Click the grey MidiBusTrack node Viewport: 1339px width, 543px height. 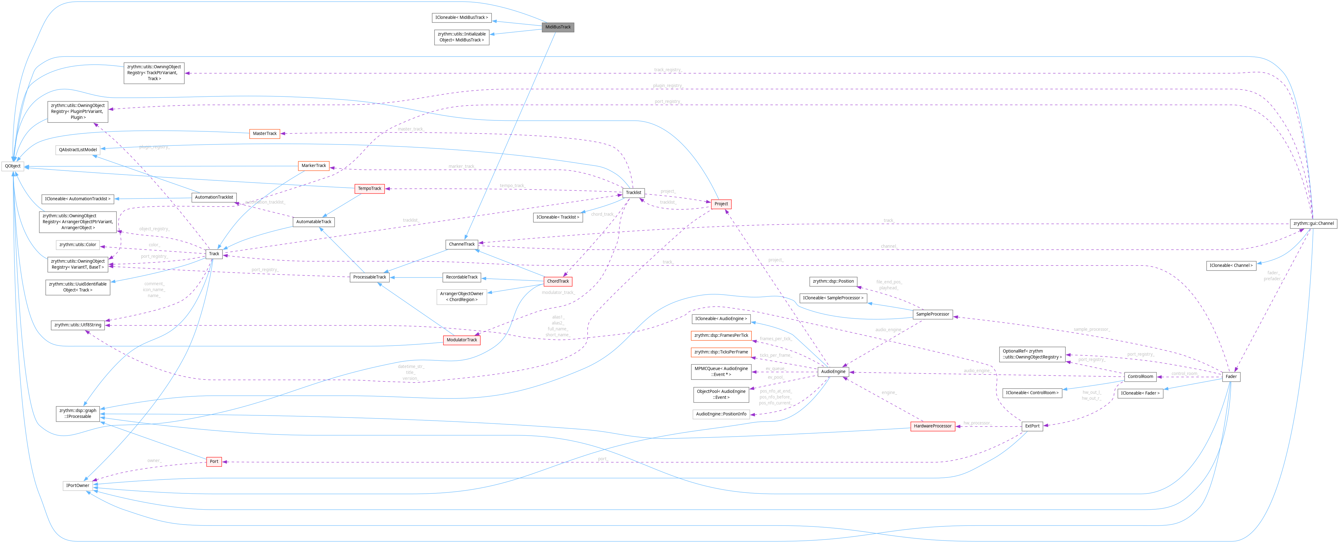pyautogui.click(x=558, y=27)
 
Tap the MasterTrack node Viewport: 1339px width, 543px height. pyautogui.click(x=265, y=134)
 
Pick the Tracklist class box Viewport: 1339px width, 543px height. pyautogui.click(x=633, y=193)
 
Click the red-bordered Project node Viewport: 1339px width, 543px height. pyautogui.click(x=721, y=204)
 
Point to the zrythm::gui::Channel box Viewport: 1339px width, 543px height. pyautogui.click(x=1313, y=223)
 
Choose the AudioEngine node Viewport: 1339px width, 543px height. pyautogui.click(x=833, y=372)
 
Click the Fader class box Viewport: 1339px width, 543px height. pyautogui.click(x=1231, y=376)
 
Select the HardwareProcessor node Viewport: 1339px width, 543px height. pyautogui.click(x=932, y=426)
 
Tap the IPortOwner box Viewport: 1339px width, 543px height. pyautogui.click(x=77, y=485)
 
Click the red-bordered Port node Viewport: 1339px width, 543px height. pyautogui.click(x=214, y=462)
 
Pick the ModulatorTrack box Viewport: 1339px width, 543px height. pyautogui.click(x=462, y=340)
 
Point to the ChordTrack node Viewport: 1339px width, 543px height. pyautogui.click(x=558, y=281)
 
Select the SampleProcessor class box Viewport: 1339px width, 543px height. pyautogui.click(x=932, y=314)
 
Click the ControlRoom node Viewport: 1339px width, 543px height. pyautogui.click(x=1140, y=376)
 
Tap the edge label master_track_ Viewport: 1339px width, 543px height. pyautogui.click(x=411, y=129)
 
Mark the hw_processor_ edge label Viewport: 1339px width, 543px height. pyautogui.click(x=977, y=423)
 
